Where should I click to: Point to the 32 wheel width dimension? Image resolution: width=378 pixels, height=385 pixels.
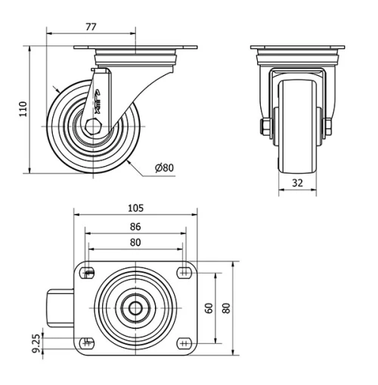[x=297, y=183]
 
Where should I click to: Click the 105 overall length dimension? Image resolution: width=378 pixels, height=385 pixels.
[x=135, y=208]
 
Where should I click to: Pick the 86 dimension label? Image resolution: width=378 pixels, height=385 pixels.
[x=135, y=226]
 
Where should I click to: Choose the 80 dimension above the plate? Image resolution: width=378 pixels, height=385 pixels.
[x=135, y=243]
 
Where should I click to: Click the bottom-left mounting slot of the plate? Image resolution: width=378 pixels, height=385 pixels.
[x=88, y=343]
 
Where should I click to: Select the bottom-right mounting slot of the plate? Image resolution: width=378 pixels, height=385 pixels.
[x=184, y=343]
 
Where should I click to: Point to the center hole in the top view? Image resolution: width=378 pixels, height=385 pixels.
[x=135, y=308]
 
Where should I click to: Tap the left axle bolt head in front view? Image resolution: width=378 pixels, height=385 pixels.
[x=267, y=126]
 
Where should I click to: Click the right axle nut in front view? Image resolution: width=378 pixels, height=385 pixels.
[x=329, y=126]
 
